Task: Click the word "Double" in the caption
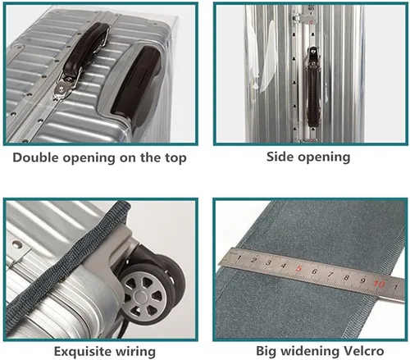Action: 36,157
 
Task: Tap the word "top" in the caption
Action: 175,158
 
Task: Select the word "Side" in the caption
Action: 280,157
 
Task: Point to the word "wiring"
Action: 135,352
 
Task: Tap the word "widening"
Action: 309,351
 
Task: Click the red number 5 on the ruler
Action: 298,268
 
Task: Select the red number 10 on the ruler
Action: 380,284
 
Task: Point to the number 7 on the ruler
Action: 330,274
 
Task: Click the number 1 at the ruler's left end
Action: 239,257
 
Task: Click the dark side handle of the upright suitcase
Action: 313,93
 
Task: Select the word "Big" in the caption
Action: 266,351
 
